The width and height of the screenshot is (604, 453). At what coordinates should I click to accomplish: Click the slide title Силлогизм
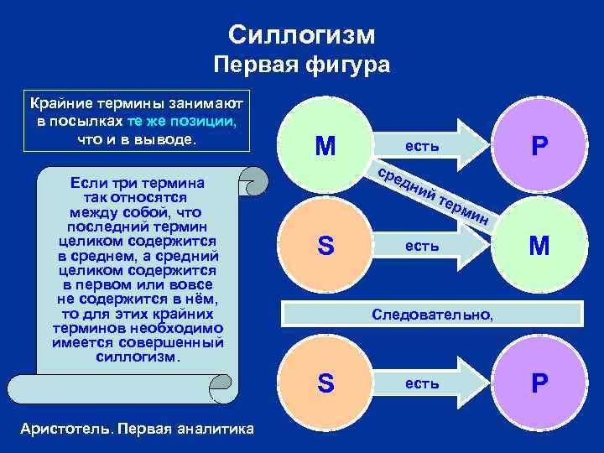[x=301, y=34]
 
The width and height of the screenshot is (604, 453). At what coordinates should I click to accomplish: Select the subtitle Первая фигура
[x=301, y=65]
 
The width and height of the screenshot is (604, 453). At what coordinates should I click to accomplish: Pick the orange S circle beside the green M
[x=325, y=246]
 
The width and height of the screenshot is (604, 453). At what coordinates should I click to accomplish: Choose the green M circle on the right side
[x=539, y=246]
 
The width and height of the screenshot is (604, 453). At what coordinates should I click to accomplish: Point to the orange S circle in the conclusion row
[x=325, y=383]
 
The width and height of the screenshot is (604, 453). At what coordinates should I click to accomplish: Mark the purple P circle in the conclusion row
[x=539, y=383]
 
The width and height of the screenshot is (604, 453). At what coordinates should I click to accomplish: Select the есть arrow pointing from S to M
[x=432, y=246]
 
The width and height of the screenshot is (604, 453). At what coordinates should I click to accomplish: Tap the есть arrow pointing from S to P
[x=432, y=383]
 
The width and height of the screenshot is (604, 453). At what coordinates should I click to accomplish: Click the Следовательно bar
[x=432, y=315]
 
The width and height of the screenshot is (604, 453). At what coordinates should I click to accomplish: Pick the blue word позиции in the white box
[x=206, y=120]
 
